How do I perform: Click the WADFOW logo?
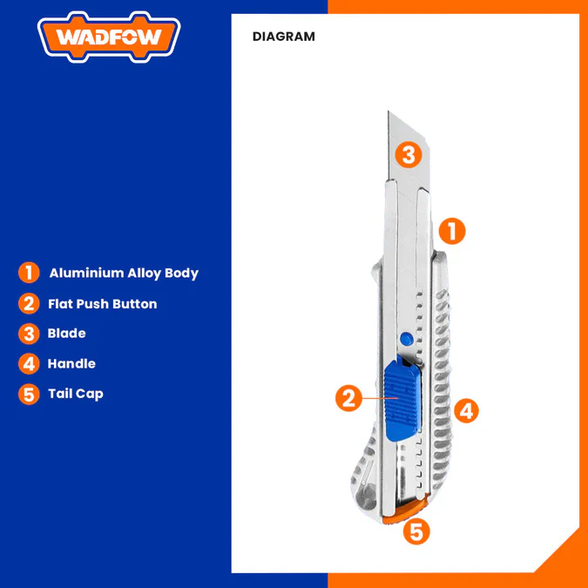tap(109, 37)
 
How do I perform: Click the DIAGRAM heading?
tap(284, 37)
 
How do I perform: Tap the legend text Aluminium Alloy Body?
tap(124, 273)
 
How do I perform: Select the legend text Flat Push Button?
tap(103, 304)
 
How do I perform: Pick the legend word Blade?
tap(67, 334)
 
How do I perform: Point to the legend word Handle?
tap(71, 363)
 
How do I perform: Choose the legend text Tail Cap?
tap(76, 394)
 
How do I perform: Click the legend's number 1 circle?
tap(29, 273)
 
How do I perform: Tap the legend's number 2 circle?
tap(29, 303)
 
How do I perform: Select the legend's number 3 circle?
tap(29, 334)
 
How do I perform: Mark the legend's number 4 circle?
tap(29, 363)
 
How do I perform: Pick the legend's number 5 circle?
tap(29, 394)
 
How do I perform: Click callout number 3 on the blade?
tap(409, 154)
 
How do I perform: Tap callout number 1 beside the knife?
tap(452, 231)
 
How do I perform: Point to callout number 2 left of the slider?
tap(348, 398)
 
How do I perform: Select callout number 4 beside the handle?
tap(467, 410)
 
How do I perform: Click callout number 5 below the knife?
tap(416, 531)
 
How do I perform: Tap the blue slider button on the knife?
tap(401, 399)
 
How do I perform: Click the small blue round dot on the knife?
tap(407, 339)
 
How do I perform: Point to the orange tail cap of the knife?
tap(407, 511)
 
